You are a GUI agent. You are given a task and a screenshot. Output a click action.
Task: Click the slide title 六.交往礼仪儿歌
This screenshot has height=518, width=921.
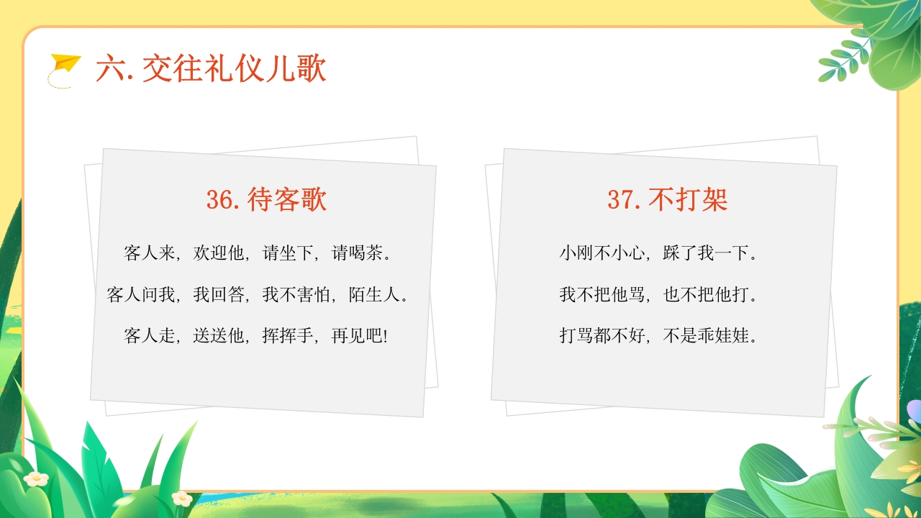pos(211,69)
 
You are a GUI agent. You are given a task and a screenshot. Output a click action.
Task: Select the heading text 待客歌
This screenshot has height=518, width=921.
pos(286,199)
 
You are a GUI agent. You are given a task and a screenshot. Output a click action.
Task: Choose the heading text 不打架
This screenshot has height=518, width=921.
pos(688,199)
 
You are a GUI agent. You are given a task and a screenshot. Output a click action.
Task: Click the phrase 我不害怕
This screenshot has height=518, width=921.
pos(296,294)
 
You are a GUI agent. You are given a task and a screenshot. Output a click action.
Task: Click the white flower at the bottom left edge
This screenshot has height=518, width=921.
pos(35,478)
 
